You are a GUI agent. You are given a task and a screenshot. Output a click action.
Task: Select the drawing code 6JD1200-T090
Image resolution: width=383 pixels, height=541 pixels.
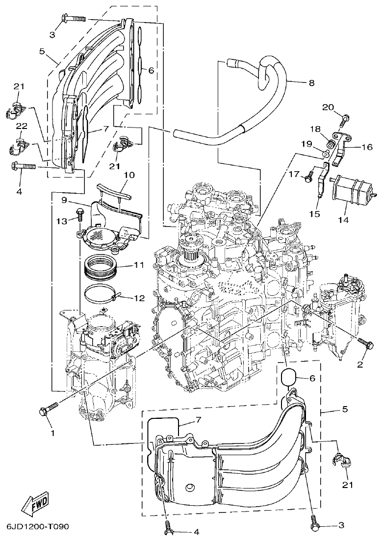click(x=37, y=527)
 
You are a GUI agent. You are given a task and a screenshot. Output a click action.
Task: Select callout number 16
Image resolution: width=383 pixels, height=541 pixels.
click(x=367, y=147)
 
